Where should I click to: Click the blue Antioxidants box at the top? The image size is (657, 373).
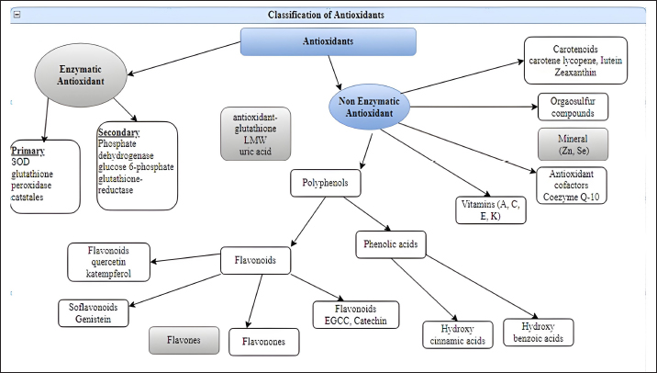[x=328, y=41]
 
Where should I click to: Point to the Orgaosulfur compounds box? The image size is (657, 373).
[x=573, y=107]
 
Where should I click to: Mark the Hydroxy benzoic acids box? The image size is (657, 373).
[x=538, y=332]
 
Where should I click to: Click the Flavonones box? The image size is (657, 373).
[x=257, y=342]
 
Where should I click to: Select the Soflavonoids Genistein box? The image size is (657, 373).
[x=95, y=312]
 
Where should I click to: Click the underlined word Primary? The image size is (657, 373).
[x=28, y=151]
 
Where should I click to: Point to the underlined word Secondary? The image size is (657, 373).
[x=118, y=133]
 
